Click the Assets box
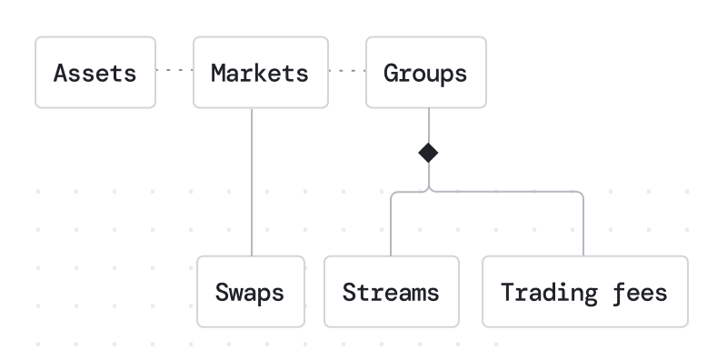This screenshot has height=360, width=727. pos(95,73)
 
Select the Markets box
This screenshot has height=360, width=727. pos(260,73)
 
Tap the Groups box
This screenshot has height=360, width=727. pos(425,73)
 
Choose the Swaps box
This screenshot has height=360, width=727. pos(250,292)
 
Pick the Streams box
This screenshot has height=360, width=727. pos(391,292)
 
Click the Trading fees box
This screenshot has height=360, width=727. pos(584,292)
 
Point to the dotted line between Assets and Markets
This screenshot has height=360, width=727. pos(174,70)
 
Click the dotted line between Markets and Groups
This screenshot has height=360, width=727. pos(346,70)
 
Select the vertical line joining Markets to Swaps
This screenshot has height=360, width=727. pos(252,182)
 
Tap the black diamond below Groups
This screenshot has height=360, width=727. pos(428,153)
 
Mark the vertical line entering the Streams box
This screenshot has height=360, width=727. pos(391,227)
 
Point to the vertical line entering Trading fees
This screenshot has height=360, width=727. pos(583,227)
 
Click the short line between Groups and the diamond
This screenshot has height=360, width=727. pos(428,125)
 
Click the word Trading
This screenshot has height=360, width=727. pos(550,293)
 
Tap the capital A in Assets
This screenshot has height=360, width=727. pos(60,73)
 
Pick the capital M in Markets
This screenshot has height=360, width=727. pos(218,73)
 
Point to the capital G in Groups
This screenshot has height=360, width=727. pos(390,73)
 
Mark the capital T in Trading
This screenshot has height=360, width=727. pos(507,293)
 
